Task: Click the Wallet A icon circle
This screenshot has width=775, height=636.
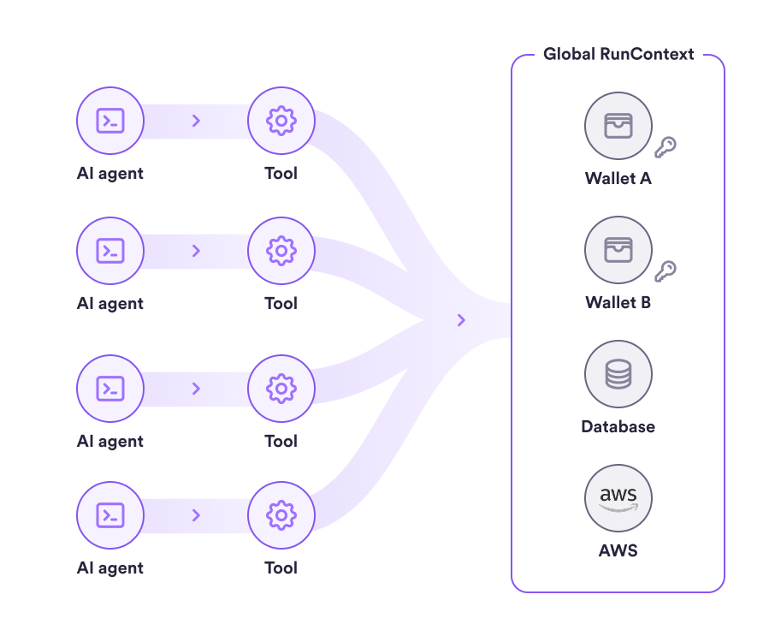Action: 618,126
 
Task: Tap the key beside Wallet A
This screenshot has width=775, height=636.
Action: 665,147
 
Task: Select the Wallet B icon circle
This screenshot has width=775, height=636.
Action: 618,250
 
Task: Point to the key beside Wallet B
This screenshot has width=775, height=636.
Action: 665,271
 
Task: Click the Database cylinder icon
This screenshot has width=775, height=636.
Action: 618,375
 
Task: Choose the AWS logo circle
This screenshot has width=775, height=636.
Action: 618,498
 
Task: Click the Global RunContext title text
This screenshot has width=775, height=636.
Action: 618,55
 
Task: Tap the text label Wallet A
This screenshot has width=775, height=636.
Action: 618,179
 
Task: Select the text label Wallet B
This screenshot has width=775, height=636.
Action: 618,303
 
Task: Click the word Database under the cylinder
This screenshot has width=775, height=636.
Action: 618,426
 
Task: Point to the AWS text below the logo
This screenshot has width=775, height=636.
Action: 618,550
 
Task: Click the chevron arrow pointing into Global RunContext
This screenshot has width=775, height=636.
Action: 462,320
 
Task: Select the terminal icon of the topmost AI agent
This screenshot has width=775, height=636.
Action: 109,121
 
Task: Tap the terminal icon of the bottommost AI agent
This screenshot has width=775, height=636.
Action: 109,515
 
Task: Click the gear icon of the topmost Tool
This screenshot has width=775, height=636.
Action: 281,121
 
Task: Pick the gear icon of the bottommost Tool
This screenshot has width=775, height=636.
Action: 281,515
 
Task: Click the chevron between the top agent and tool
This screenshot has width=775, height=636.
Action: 196,121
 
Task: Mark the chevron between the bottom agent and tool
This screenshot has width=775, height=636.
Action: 196,515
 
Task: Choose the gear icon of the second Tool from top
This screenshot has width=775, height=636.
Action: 281,251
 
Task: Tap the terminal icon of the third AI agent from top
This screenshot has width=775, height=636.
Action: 109,389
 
